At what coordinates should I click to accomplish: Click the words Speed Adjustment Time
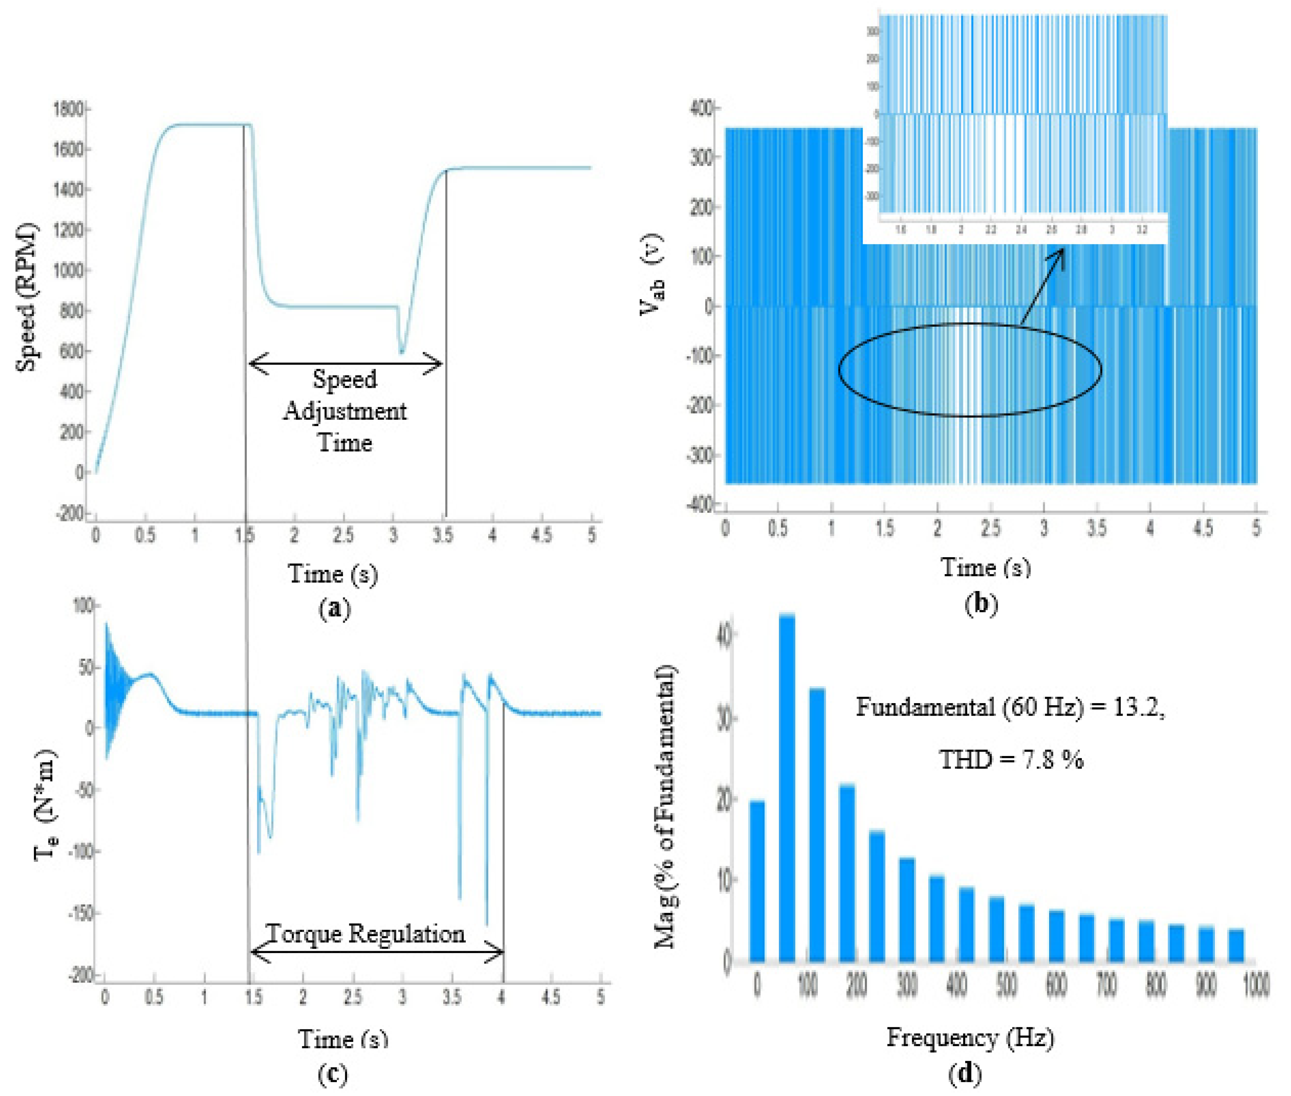pos(345,411)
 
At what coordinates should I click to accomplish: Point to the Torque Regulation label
pos(365,934)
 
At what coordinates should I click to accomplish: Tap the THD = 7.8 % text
pos(1011,759)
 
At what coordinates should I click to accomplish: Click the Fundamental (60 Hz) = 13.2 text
pos(1010,707)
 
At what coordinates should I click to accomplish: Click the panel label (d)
pos(965,1073)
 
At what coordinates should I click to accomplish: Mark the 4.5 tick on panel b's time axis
pos(1203,529)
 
